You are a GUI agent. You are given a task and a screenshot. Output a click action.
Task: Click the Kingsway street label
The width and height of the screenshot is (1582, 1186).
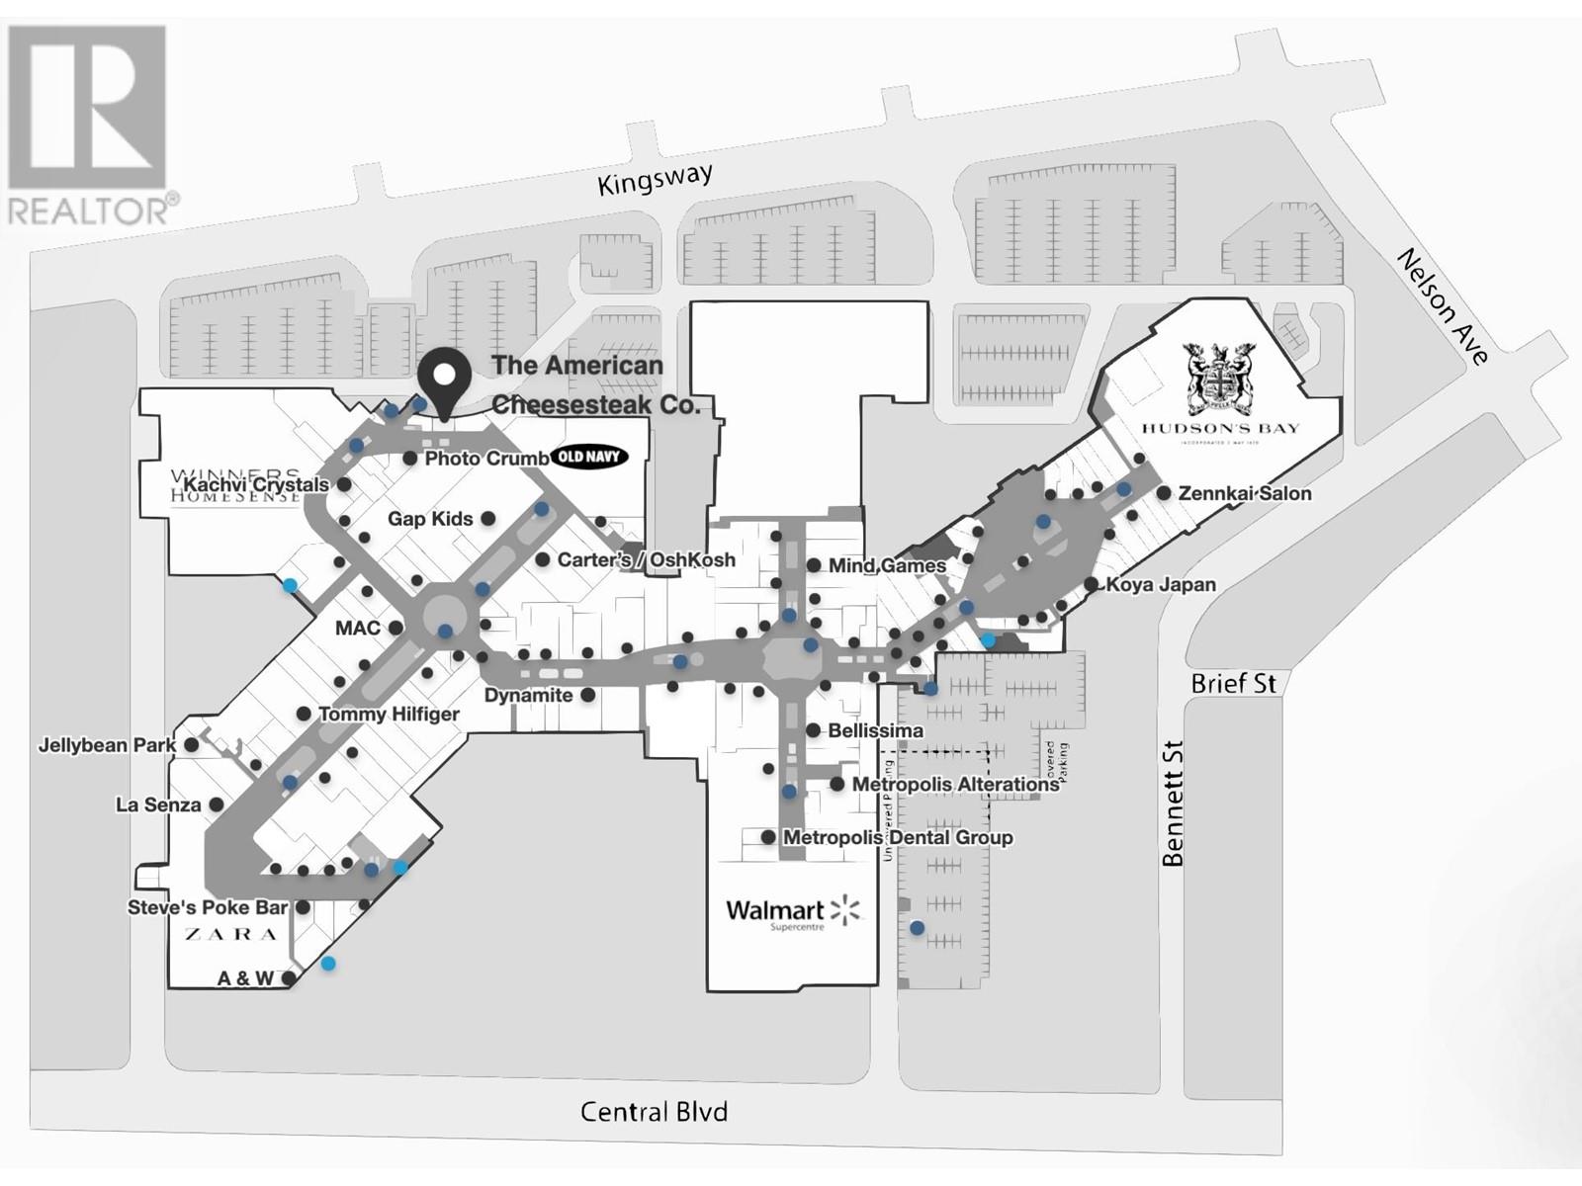point(655,180)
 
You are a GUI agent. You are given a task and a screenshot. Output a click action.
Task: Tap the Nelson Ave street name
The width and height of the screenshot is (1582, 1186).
point(1443,306)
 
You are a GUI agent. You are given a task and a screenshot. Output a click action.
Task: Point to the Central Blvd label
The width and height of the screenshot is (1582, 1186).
point(654,1112)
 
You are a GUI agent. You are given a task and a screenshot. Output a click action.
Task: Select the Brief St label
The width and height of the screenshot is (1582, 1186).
point(1233,683)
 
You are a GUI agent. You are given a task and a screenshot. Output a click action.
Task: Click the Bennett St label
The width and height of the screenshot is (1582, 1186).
point(1173,804)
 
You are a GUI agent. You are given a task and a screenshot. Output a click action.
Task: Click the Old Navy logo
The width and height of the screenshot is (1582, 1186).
point(589,457)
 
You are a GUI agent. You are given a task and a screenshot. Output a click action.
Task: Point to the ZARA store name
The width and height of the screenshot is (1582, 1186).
point(230,934)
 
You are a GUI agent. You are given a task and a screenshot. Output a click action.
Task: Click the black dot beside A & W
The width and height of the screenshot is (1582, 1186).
point(289,978)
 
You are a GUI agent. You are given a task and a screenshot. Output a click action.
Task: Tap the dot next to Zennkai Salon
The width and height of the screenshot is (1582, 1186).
point(1165,493)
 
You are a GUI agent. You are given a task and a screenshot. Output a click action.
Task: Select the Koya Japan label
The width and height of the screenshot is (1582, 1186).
point(1161,584)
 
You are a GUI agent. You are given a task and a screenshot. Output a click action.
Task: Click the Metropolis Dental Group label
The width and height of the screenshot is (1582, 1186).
point(898,837)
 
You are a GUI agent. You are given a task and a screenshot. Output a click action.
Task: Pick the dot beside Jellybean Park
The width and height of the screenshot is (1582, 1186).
point(192,745)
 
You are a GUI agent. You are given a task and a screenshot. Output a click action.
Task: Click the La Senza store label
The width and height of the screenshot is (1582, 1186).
point(158,805)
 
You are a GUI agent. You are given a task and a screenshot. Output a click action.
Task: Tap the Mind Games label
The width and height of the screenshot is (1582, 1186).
point(887,565)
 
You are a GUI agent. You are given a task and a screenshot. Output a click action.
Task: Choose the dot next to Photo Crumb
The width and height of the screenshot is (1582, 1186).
point(410,459)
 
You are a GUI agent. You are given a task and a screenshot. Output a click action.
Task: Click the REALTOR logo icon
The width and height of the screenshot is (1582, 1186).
point(87,109)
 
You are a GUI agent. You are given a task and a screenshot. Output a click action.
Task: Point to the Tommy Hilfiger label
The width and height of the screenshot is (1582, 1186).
point(389,714)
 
